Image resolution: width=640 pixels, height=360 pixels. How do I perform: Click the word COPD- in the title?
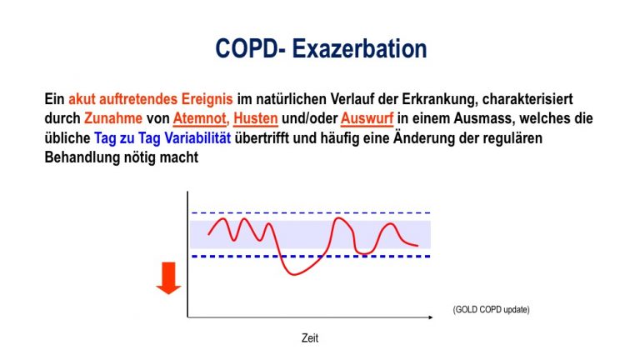[x=251, y=48]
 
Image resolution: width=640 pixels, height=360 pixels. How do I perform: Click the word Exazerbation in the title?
[x=360, y=48]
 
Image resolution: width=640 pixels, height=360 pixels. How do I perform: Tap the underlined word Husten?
[x=256, y=118]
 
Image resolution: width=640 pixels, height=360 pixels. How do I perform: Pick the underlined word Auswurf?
[x=367, y=118]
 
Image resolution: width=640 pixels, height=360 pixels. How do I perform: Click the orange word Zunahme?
[x=113, y=118]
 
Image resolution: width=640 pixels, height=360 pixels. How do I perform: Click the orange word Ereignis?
[x=207, y=99]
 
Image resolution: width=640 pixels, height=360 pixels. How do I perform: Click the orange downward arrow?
[x=168, y=278]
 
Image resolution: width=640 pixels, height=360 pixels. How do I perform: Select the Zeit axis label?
[x=310, y=338]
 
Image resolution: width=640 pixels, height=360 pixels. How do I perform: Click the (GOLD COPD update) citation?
[x=491, y=309]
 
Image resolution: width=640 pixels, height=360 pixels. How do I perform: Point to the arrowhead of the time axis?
[x=431, y=317]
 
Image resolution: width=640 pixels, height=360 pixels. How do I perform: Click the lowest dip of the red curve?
[x=294, y=274]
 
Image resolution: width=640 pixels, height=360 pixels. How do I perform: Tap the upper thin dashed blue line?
[x=311, y=213]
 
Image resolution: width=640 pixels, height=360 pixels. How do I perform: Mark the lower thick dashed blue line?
[x=311, y=257]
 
